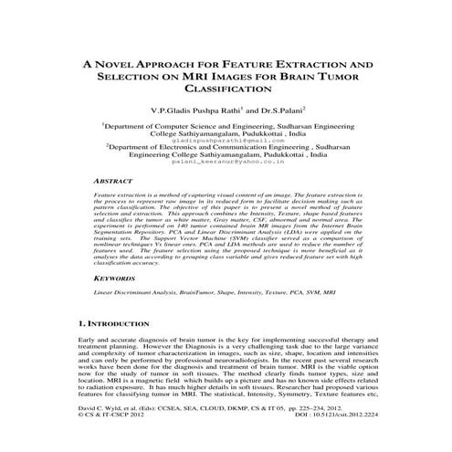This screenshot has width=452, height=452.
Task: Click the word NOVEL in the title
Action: [x=121, y=67]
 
